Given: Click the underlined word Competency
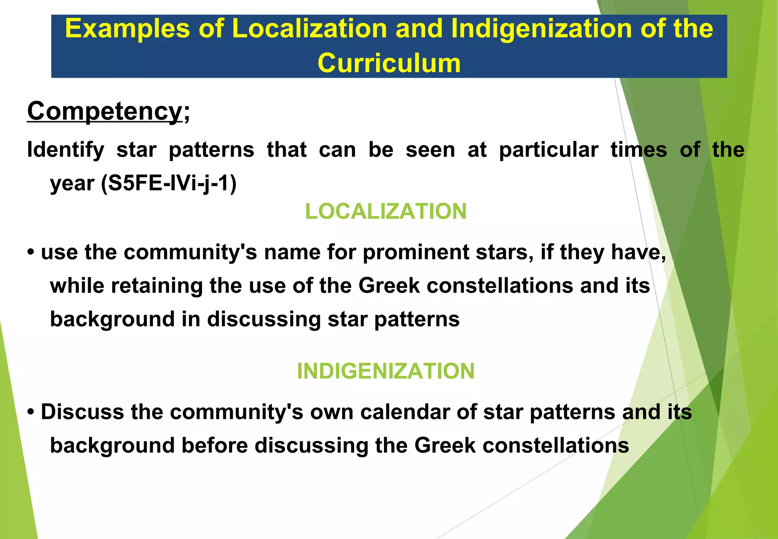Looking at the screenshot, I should [104, 111].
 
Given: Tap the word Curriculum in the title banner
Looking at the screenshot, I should [389, 63].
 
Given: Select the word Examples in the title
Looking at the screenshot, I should [127, 29].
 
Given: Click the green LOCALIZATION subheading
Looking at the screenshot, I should [386, 211].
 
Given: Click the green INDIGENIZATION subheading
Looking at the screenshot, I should [386, 371].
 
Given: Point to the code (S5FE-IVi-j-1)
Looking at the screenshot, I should [169, 184].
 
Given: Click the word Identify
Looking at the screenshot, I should [65, 150].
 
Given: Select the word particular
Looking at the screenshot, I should [549, 150].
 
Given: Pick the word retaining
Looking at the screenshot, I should [157, 285].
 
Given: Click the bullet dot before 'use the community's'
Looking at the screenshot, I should [31, 252].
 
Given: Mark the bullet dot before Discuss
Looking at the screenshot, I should [31, 412].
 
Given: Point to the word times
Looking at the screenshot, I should [639, 150].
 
